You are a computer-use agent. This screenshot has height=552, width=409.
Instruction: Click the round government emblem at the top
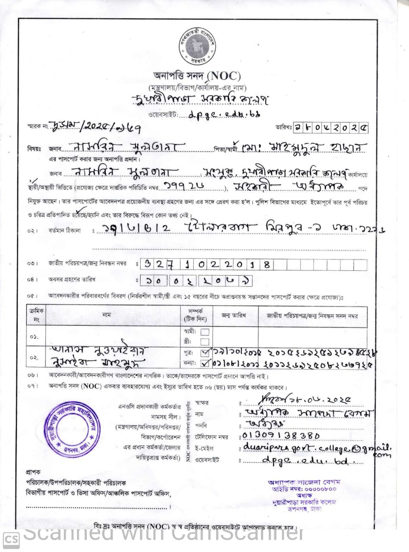pos(197,44)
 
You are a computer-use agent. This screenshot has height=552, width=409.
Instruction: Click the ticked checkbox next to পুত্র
pos(205,353)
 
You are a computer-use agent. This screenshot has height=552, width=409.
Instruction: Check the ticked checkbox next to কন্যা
pos(205,363)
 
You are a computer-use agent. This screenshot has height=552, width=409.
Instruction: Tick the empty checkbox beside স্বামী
pos(205,332)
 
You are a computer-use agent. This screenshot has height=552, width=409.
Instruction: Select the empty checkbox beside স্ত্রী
pos(205,342)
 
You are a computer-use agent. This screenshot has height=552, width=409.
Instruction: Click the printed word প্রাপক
pos(33,472)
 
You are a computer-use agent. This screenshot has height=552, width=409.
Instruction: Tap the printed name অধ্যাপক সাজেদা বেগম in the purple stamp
pos(304,482)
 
